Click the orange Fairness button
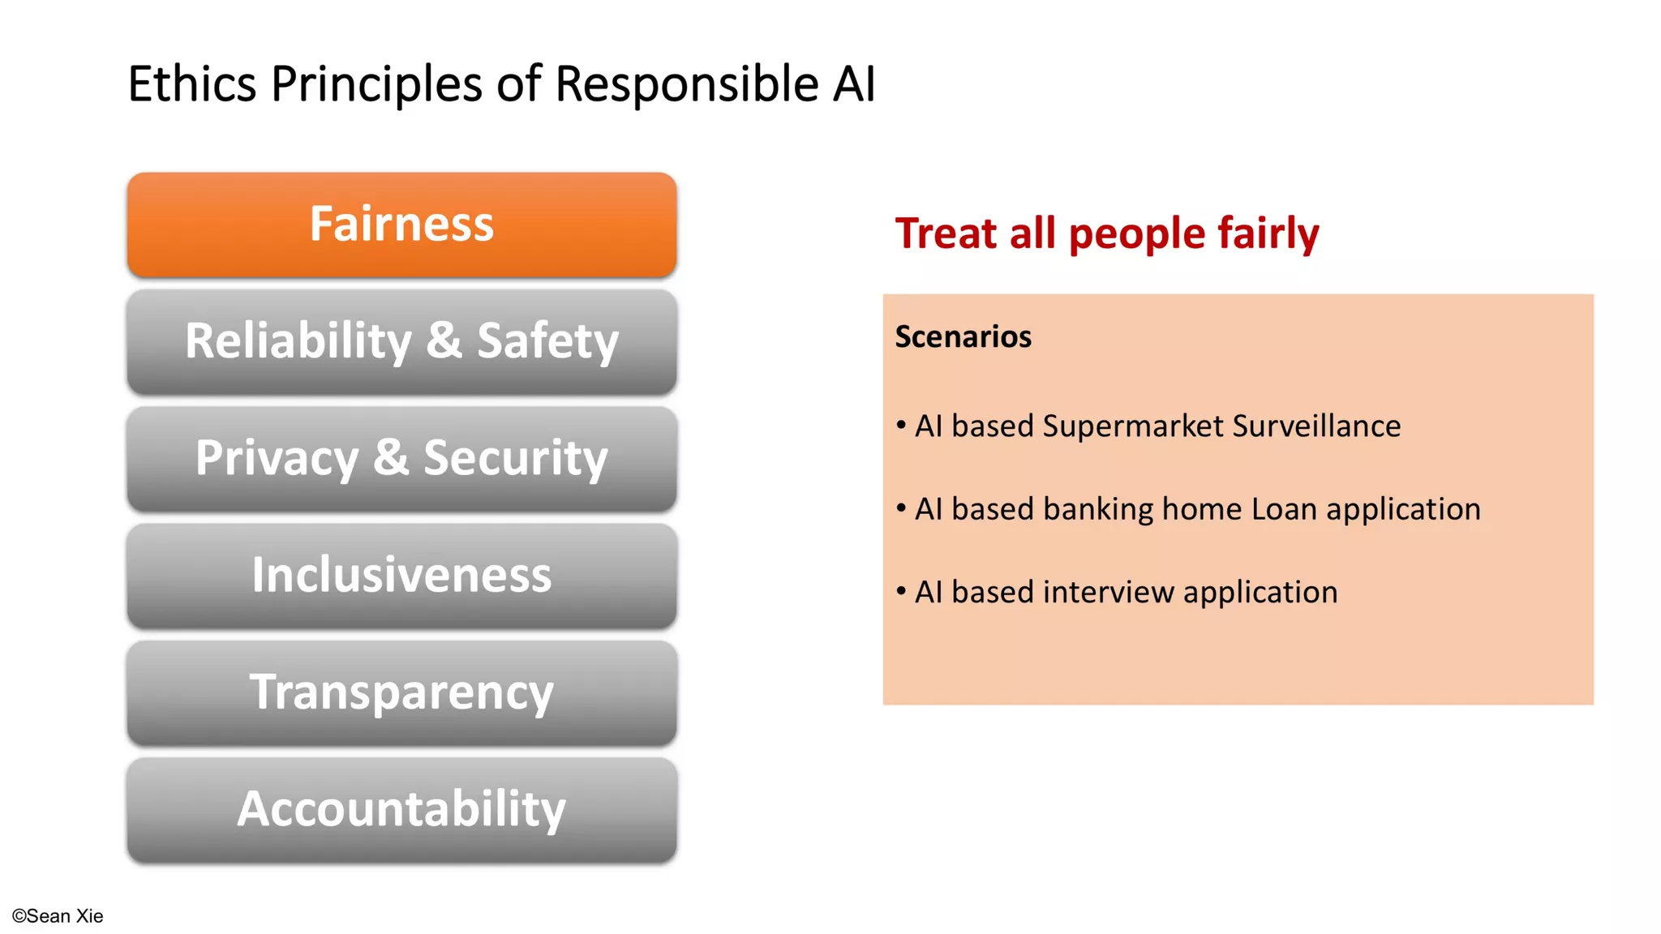[401, 225]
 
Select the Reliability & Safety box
[401, 341]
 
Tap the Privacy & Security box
[401, 458]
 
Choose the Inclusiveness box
[401, 575]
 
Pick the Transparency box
[401, 692]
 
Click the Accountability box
[401, 809]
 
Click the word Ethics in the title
[192, 84]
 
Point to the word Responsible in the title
[686, 84]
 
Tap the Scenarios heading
[963, 336]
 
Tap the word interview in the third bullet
[1108, 593]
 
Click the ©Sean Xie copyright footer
[58, 916]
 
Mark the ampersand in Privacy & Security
[391, 457]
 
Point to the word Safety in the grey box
[547, 341]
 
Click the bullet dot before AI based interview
[901, 591]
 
